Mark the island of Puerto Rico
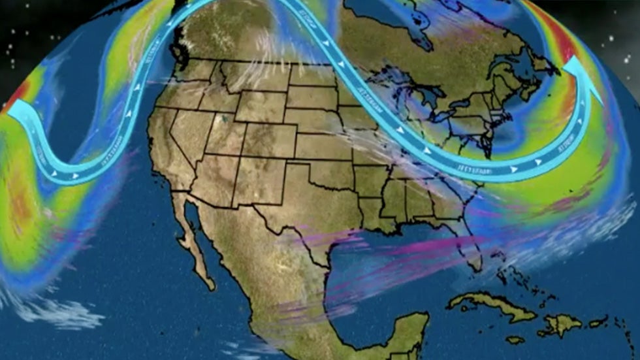click(598, 322)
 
